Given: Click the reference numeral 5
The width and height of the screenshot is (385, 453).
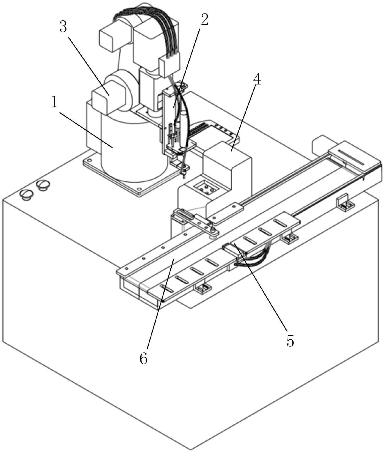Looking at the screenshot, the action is (290, 341).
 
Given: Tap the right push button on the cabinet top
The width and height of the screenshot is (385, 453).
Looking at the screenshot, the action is (43, 185).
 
